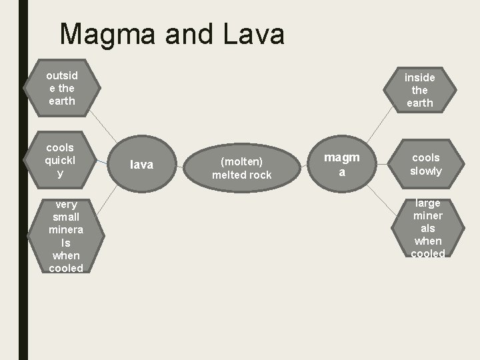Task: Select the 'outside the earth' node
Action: pyautogui.click(x=61, y=88)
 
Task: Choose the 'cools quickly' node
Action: pyautogui.click(x=60, y=160)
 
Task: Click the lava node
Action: pyautogui.click(x=141, y=164)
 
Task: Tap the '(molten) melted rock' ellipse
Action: pyautogui.click(x=241, y=168)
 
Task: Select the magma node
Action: pyautogui.click(x=341, y=164)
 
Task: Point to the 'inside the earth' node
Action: pyautogui.click(x=419, y=90)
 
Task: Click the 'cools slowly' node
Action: pyautogui.click(x=425, y=164)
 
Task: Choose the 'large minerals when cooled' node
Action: pyautogui.click(x=427, y=228)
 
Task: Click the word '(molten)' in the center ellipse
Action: pyautogui.click(x=241, y=161)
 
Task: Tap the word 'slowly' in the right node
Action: pyautogui.click(x=425, y=171)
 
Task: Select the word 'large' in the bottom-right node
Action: pyautogui.click(x=427, y=203)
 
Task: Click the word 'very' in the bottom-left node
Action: pyautogui.click(x=66, y=205)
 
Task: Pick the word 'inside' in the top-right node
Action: pyautogui.click(x=419, y=77)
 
